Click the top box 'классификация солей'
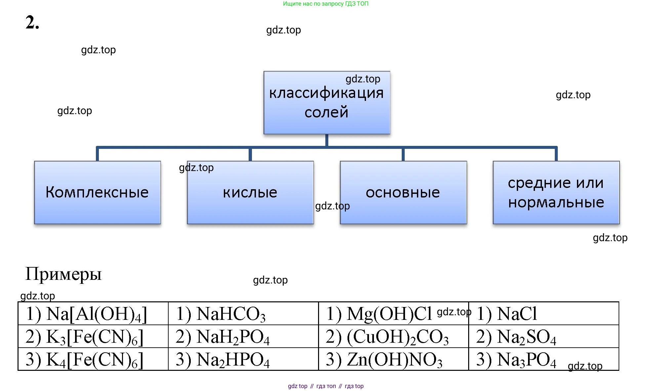(x=327, y=103)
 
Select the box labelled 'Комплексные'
(x=97, y=192)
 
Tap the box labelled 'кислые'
(x=250, y=192)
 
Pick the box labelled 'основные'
(x=403, y=192)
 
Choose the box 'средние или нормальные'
(x=556, y=192)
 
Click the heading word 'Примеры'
(x=63, y=274)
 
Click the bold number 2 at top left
(x=32, y=22)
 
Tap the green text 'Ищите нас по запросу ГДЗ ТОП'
(x=326, y=4)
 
